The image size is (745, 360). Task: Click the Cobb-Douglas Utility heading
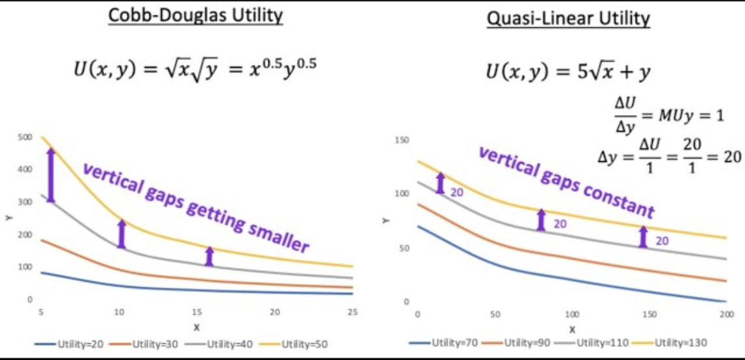(x=195, y=16)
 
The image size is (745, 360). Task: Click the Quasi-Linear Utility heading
(x=568, y=18)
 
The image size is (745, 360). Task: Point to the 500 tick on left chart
(x=25, y=138)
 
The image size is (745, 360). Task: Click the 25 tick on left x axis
(x=352, y=313)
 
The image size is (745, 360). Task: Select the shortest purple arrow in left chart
(x=209, y=256)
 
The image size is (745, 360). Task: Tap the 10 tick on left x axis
(x=119, y=313)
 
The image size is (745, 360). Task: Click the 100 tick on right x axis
(x=571, y=315)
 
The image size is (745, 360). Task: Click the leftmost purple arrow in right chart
(x=440, y=183)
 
